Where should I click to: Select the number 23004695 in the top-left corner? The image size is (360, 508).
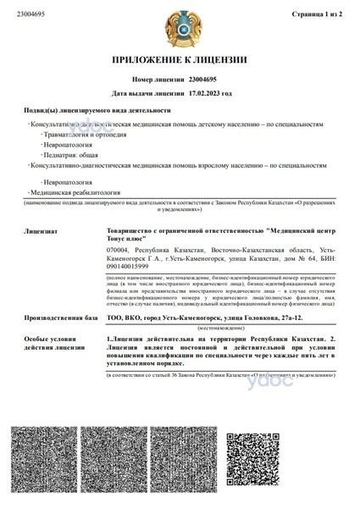pos(32,14)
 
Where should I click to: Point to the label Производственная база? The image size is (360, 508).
pos(53,317)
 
